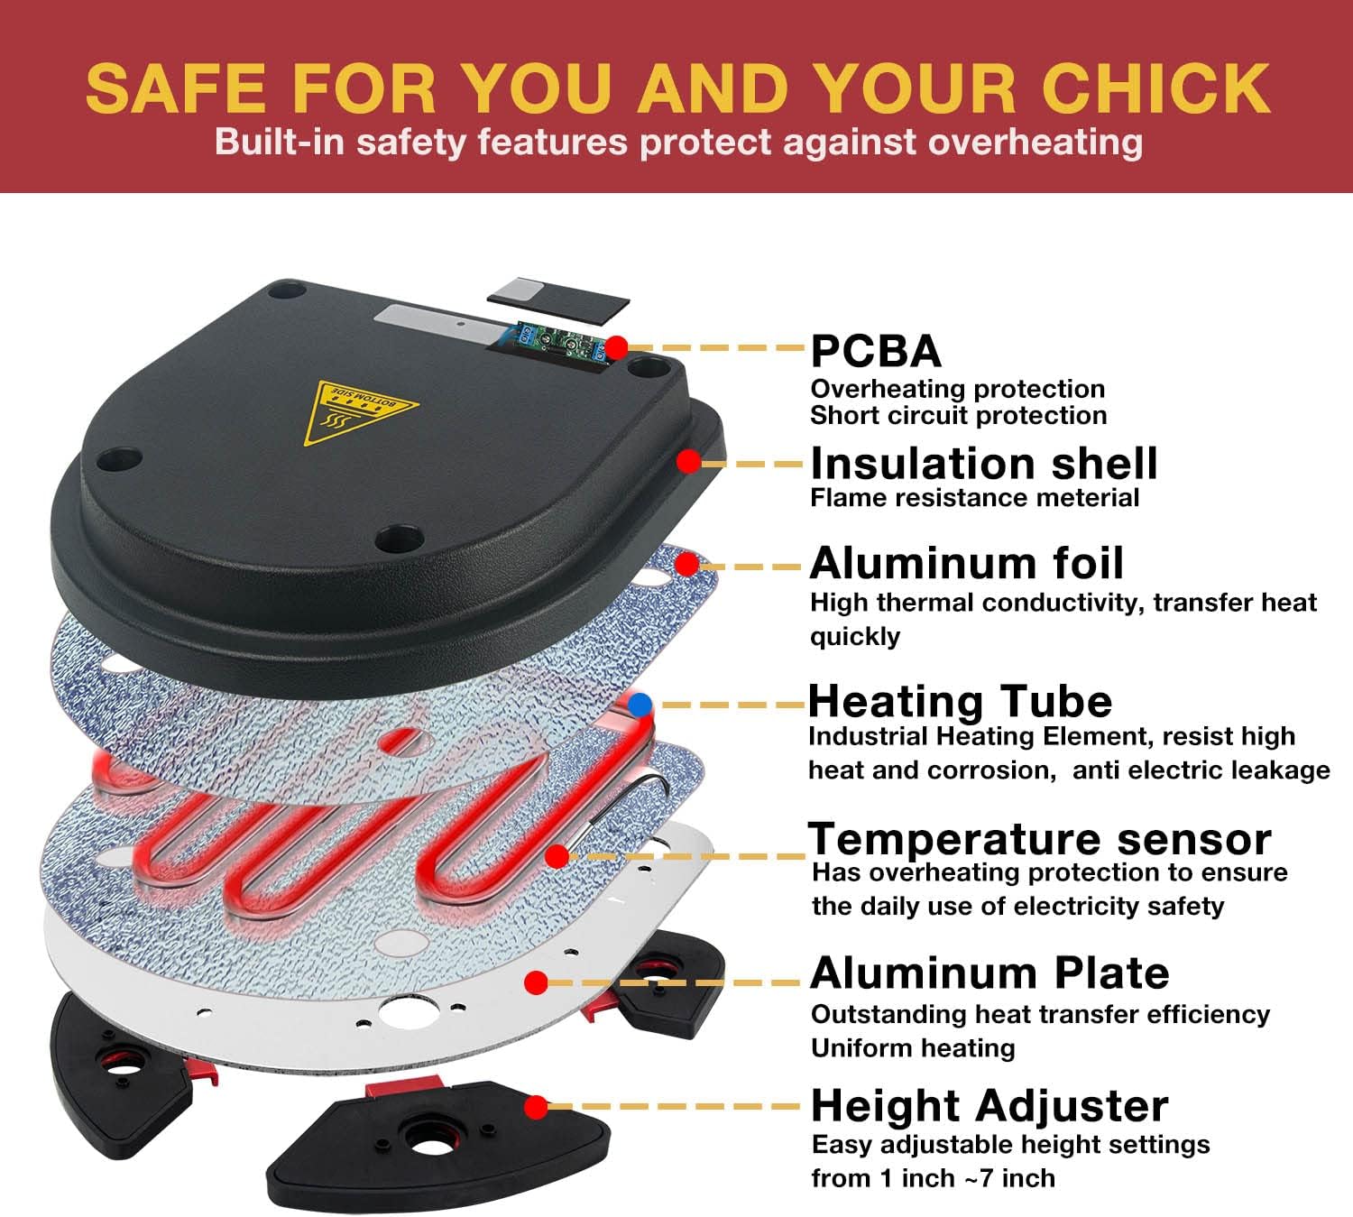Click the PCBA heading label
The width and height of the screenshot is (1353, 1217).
pyautogui.click(x=876, y=351)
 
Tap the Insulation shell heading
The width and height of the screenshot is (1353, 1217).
pyautogui.click(x=983, y=464)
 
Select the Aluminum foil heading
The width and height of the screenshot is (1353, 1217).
pyautogui.click(x=966, y=563)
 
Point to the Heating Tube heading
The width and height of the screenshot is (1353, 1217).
pyautogui.click(x=960, y=701)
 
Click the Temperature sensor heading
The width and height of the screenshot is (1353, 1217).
pyautogui.click(x=1039, y=839)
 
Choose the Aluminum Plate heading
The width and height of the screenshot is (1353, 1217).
pyautogui.click(x=989, y=973)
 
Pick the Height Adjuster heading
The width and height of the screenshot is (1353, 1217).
pyautogui.click(x=989, y=1105)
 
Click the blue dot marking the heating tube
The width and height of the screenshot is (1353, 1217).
pyautogui.click(x=640, y=705)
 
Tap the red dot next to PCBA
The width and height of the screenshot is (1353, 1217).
pyautogui.click(x=617, y=346)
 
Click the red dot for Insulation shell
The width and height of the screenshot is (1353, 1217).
pyautogui.click(x=689, y=462)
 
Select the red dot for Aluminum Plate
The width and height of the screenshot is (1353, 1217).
pyautogui.click(x=537, y=982)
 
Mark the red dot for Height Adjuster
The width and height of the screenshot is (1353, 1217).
pyautogui.click(x=537, y=1106)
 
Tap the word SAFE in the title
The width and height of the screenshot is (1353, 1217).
pyautogui.click(x=175, y=88)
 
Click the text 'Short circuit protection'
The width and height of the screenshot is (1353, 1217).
pyautogui.click(x=958, y=415)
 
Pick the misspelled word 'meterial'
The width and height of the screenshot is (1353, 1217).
pyautogui.click(x=1086, y=498)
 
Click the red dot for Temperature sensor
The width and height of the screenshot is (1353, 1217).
pyautogui.click(x=557, y=855)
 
